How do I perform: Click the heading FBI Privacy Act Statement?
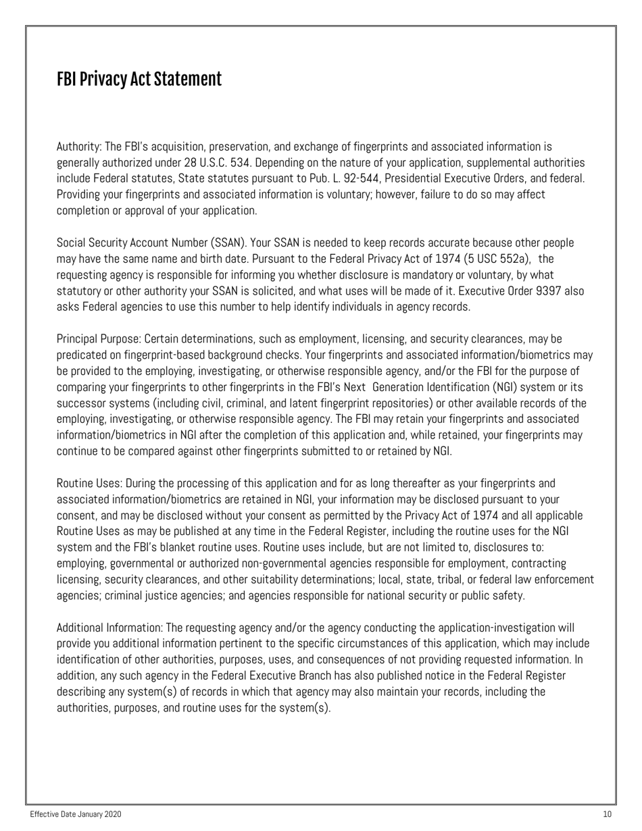pyautogui.click(x=139, y=79)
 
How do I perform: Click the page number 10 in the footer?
pyautogui.click(x=606, y=815)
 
